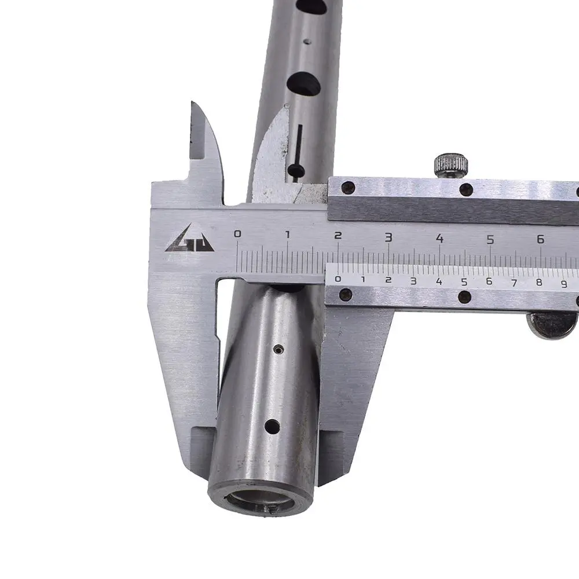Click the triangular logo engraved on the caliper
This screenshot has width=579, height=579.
point(189,239)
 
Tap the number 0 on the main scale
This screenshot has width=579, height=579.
point(238,233)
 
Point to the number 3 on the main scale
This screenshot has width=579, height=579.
point(389,237)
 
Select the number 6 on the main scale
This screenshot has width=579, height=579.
point(541,239)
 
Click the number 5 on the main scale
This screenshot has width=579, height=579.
point(490,239)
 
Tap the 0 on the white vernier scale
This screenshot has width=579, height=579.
point(338,279)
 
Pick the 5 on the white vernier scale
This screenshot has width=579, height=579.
point(464,282)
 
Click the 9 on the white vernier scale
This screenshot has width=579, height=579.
point(564,284)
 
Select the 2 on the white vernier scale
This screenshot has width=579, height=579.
point(388,280)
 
